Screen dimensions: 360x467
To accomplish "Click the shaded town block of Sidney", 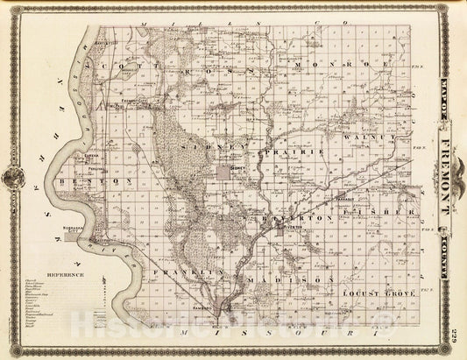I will [234, 165].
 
